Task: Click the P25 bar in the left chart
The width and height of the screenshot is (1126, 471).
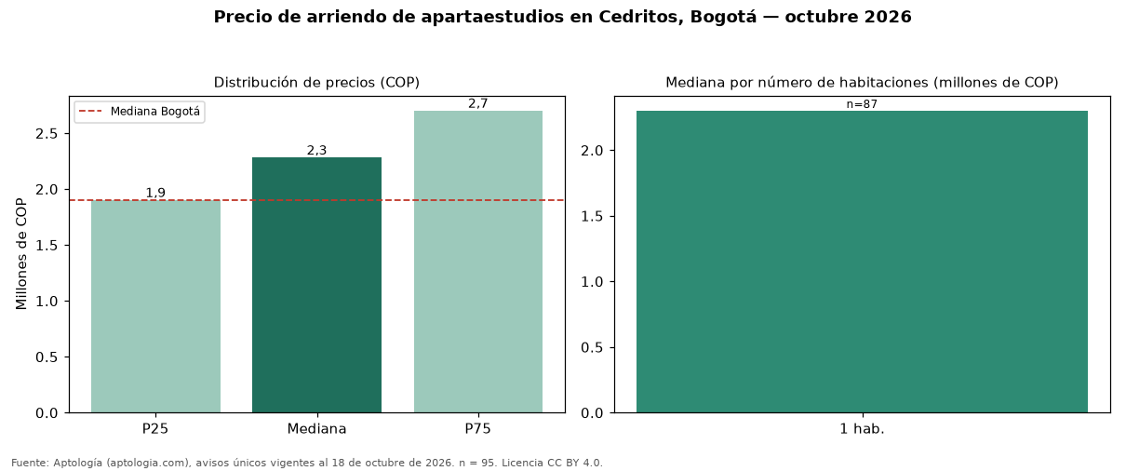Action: [155, 306]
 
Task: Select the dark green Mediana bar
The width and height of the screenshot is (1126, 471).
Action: [316, 285]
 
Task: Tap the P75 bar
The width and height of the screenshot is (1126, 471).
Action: [478, 262]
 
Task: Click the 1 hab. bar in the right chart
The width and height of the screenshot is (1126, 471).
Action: [862, 262]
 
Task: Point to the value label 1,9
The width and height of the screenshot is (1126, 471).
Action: [155, 193]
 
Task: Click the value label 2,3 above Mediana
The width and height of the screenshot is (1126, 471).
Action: [316, 150]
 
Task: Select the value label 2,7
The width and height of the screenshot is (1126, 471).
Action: [478, 103]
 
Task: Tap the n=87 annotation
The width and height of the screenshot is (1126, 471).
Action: [862, 104]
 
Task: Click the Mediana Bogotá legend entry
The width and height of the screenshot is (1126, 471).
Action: [140, 112]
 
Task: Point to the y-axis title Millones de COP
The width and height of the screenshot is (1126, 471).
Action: [20, 254]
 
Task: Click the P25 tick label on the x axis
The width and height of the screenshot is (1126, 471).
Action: [155, 429]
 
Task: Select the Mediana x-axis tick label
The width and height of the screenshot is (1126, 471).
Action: [316, 429]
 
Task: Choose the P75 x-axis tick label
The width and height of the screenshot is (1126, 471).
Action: [478, 429]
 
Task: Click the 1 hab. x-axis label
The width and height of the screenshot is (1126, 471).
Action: [862, 429]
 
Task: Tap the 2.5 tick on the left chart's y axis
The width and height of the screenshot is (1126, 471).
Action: [47, 134]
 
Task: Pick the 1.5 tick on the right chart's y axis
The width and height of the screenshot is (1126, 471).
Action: [592, 216]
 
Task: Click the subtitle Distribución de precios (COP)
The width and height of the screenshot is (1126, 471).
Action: [316, 83]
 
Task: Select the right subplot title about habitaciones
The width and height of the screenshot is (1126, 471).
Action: [862, 83]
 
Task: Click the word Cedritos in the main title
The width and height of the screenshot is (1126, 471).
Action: [640, 17]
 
